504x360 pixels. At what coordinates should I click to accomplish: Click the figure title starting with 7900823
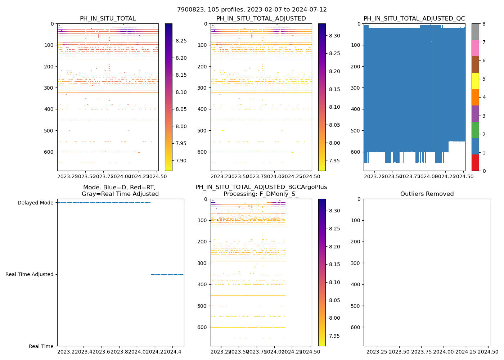click(x=252, y=10)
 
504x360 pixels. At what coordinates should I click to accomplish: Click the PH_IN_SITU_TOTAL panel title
click(x=108, y=19)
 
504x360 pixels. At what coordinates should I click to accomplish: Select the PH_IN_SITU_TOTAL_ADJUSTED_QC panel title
click(x=414, y=19)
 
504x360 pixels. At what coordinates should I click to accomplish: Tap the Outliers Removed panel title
click(x=427, y=194)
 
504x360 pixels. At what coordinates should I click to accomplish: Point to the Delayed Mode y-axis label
click(x=36, y=203)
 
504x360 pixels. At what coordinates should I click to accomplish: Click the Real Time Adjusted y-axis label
click(x=30, y=274)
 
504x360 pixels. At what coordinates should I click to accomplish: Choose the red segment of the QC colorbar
click(x=475, y=162)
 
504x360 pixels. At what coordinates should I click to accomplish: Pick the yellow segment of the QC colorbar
click(x=475, y=81)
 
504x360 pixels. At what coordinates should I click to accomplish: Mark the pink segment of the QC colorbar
click(x=475, y=48)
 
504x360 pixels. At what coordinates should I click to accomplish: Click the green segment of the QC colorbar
click(x=475, y=130)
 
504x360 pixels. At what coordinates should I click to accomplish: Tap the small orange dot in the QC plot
click(x=431, y=42)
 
